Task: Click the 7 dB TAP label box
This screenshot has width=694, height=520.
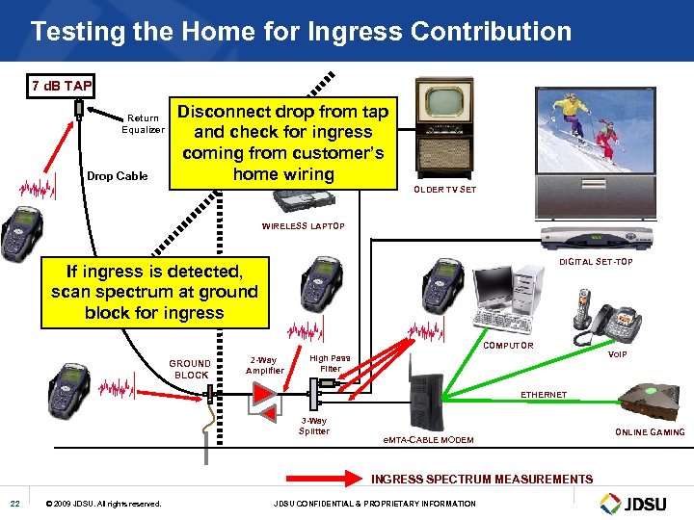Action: (62, 86)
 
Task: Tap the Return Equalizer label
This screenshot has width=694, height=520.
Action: (142, 124)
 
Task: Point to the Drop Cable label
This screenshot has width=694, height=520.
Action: (118, 176)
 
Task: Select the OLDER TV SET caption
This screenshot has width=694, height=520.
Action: (445, 190)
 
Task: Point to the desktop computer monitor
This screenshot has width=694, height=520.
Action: (492, 291)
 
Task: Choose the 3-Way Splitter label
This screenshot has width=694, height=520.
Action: (314, 426)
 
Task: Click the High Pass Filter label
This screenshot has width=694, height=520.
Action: (330, 362)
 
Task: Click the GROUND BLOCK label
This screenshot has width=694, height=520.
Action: (190, 369)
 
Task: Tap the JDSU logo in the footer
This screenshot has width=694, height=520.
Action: (637, 502)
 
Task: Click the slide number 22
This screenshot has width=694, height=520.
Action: (14, 504)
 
